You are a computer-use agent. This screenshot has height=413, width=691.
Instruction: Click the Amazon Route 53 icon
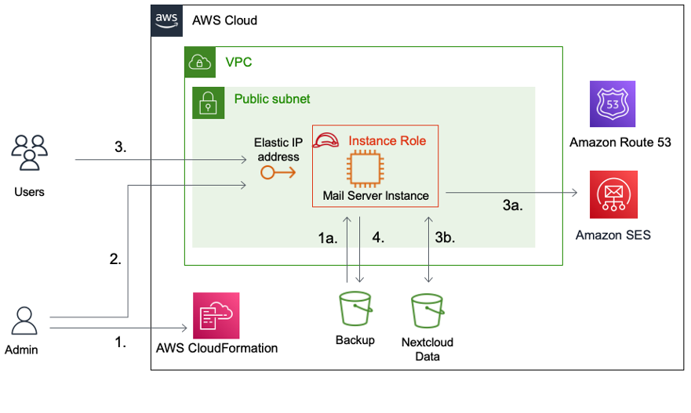[x=613, y=104]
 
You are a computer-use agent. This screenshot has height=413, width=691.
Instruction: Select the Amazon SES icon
[x=613, y=194]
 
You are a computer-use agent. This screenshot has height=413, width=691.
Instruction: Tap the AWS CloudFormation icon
[x=216, y=316]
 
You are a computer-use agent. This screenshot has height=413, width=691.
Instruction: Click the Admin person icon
[x=25, y=321]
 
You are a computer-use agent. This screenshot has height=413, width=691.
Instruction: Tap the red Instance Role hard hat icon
[x=326, y=141]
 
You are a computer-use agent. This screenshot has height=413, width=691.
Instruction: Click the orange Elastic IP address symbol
[x=278, y=172]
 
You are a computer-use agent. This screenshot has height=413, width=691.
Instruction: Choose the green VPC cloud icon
[x=199, y=62]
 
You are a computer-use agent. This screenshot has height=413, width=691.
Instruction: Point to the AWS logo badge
[x=166, y=20]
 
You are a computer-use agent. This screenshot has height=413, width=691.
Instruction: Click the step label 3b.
[x=445, y=237]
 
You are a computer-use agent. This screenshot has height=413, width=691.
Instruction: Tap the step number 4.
[x=378, y=237]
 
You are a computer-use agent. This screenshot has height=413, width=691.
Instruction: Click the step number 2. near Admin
[x=115, y=261]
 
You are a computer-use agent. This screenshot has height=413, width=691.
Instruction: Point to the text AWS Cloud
[x=224, y=20]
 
